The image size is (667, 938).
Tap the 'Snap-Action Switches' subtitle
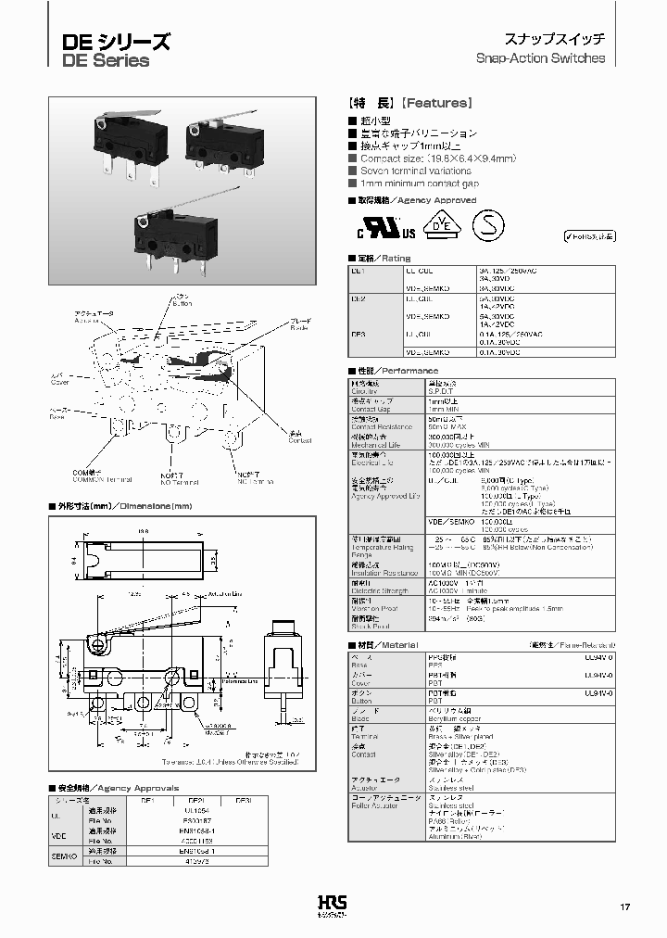pyautogui.click(x=540, y=57)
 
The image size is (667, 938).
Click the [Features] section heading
pyautogui.click(x=410, y=104)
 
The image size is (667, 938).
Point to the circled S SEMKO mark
pyautogui.click(x=490, y=224)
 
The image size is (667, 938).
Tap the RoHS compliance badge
pyautogui.click(x=588, y=235)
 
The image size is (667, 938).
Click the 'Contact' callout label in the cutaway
pyautogui.click(x=299, y=440)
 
